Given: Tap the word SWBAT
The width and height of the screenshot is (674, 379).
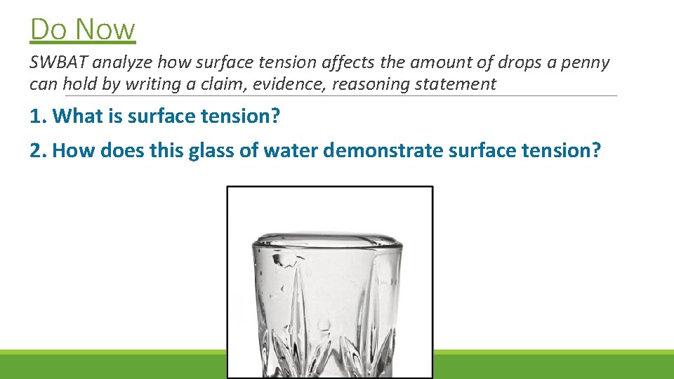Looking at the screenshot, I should (58, 62).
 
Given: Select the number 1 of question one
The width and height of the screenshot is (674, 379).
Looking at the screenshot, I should (35, 117).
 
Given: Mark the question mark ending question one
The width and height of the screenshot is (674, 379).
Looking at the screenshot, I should (275, 117).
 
